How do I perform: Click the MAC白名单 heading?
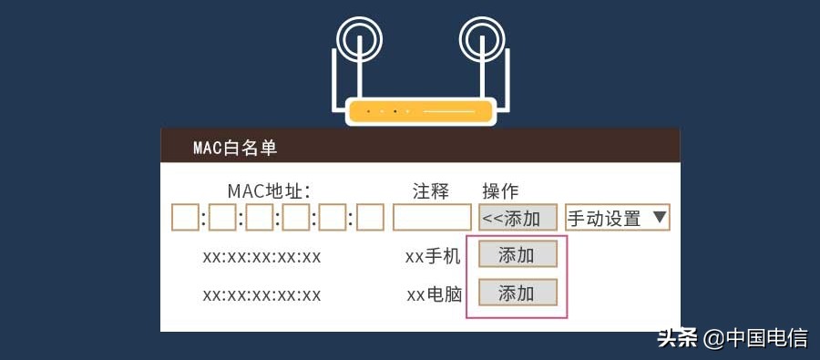click(234, 148)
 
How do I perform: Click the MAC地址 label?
click(269, 191)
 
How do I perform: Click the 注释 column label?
click(431, 191)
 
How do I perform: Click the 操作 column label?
click(500, 191)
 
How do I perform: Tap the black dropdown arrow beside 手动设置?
click(661, 218)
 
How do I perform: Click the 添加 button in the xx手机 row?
click(517, 255)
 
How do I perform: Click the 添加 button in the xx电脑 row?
click(517, 293)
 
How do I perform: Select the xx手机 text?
click(433, 256)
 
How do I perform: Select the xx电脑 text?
click(434, 294)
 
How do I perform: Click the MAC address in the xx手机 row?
click(261, 256)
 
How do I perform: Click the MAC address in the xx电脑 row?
click(261, 294)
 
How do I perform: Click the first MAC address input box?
click(185, 218)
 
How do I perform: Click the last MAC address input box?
click(370, 218)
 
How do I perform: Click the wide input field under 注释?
click(432, 218)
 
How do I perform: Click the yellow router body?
click(420, 111)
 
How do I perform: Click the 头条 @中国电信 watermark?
click(733, 339)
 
